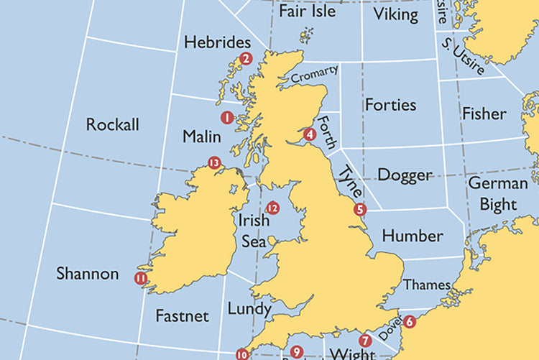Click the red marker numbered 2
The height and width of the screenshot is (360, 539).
pyautogui.click(x=246, y=59)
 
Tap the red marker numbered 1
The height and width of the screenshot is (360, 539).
pyautogui.click(x=227, y=117)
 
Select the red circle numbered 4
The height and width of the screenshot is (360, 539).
pyautogui.click(x=310, y=134)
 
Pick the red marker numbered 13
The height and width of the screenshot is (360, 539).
pyautogui.click(x=213, y=163)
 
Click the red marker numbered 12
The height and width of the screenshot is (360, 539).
pyautogui.click(x=272, y=208)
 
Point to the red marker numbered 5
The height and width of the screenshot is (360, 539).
pyautogui.click(x=360, y=210)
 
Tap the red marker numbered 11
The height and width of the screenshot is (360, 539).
pyautogui.click(x=140, y=278)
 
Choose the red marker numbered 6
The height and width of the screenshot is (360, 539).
pyautogui.click(x=409, y=321)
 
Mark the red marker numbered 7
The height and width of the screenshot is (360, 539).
pyautogui.click(x=364, y=341)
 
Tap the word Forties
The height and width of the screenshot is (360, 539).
pyautogui.click(x=390, y=105)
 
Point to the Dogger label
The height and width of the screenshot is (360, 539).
pyautogui.click(x=405, y=175)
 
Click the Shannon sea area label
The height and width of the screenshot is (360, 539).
pyautogui.click(x=88, y=274)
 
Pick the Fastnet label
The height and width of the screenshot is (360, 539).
pyautogui.click(x=182, y=316)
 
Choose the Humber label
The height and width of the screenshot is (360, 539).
pyautogui.click(x=413, y=236)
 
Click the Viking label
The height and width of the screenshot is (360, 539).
pyautogui.click(x=396, y=14)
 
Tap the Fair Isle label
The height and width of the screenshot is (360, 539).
pyautogui.click(x=308, y=11)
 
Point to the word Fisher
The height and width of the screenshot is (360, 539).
pyautogui.click(x=484, y=114)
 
